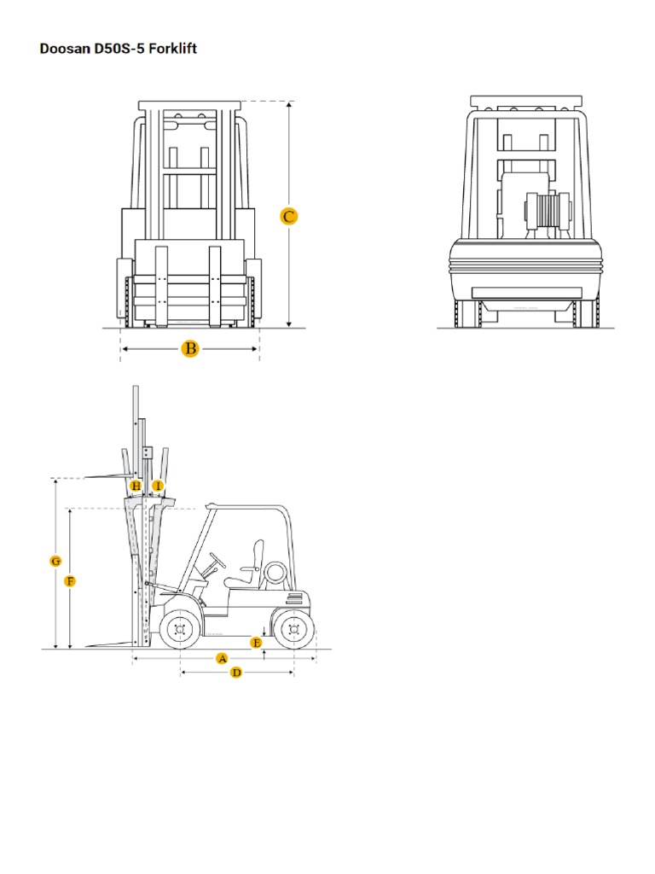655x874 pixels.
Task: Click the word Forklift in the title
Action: coord(173,49)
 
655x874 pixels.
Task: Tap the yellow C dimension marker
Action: coord(289,216)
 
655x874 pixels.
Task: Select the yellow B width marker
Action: coord(190,348)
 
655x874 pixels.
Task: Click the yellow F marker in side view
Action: coord(70,581)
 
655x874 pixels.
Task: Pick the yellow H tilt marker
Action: coord(136,486)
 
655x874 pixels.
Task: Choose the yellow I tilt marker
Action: coord(157,486)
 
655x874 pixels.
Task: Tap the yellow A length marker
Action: coord(222,658)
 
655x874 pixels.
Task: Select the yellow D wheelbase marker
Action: coord(237,673)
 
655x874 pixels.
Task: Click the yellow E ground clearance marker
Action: coord(256,641)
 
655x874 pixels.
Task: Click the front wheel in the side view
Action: coord(179,630)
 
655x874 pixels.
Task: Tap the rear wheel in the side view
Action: coord(293,630)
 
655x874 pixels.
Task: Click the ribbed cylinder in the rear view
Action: coord(546,211)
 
